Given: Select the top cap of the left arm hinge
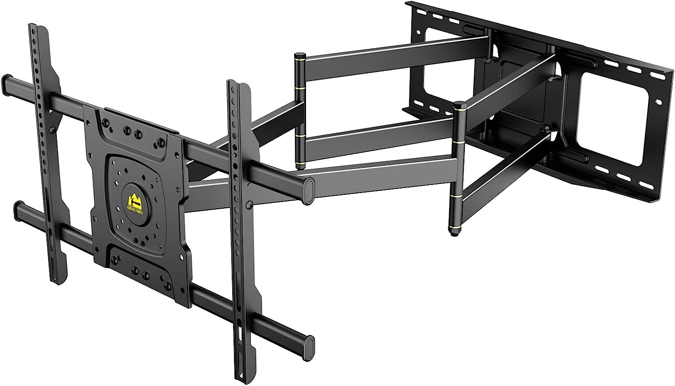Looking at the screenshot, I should (x=300, y=56).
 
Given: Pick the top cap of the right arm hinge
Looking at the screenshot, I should (x=459, y=106).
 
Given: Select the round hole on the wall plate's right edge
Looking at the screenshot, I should (x=659, y=102).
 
